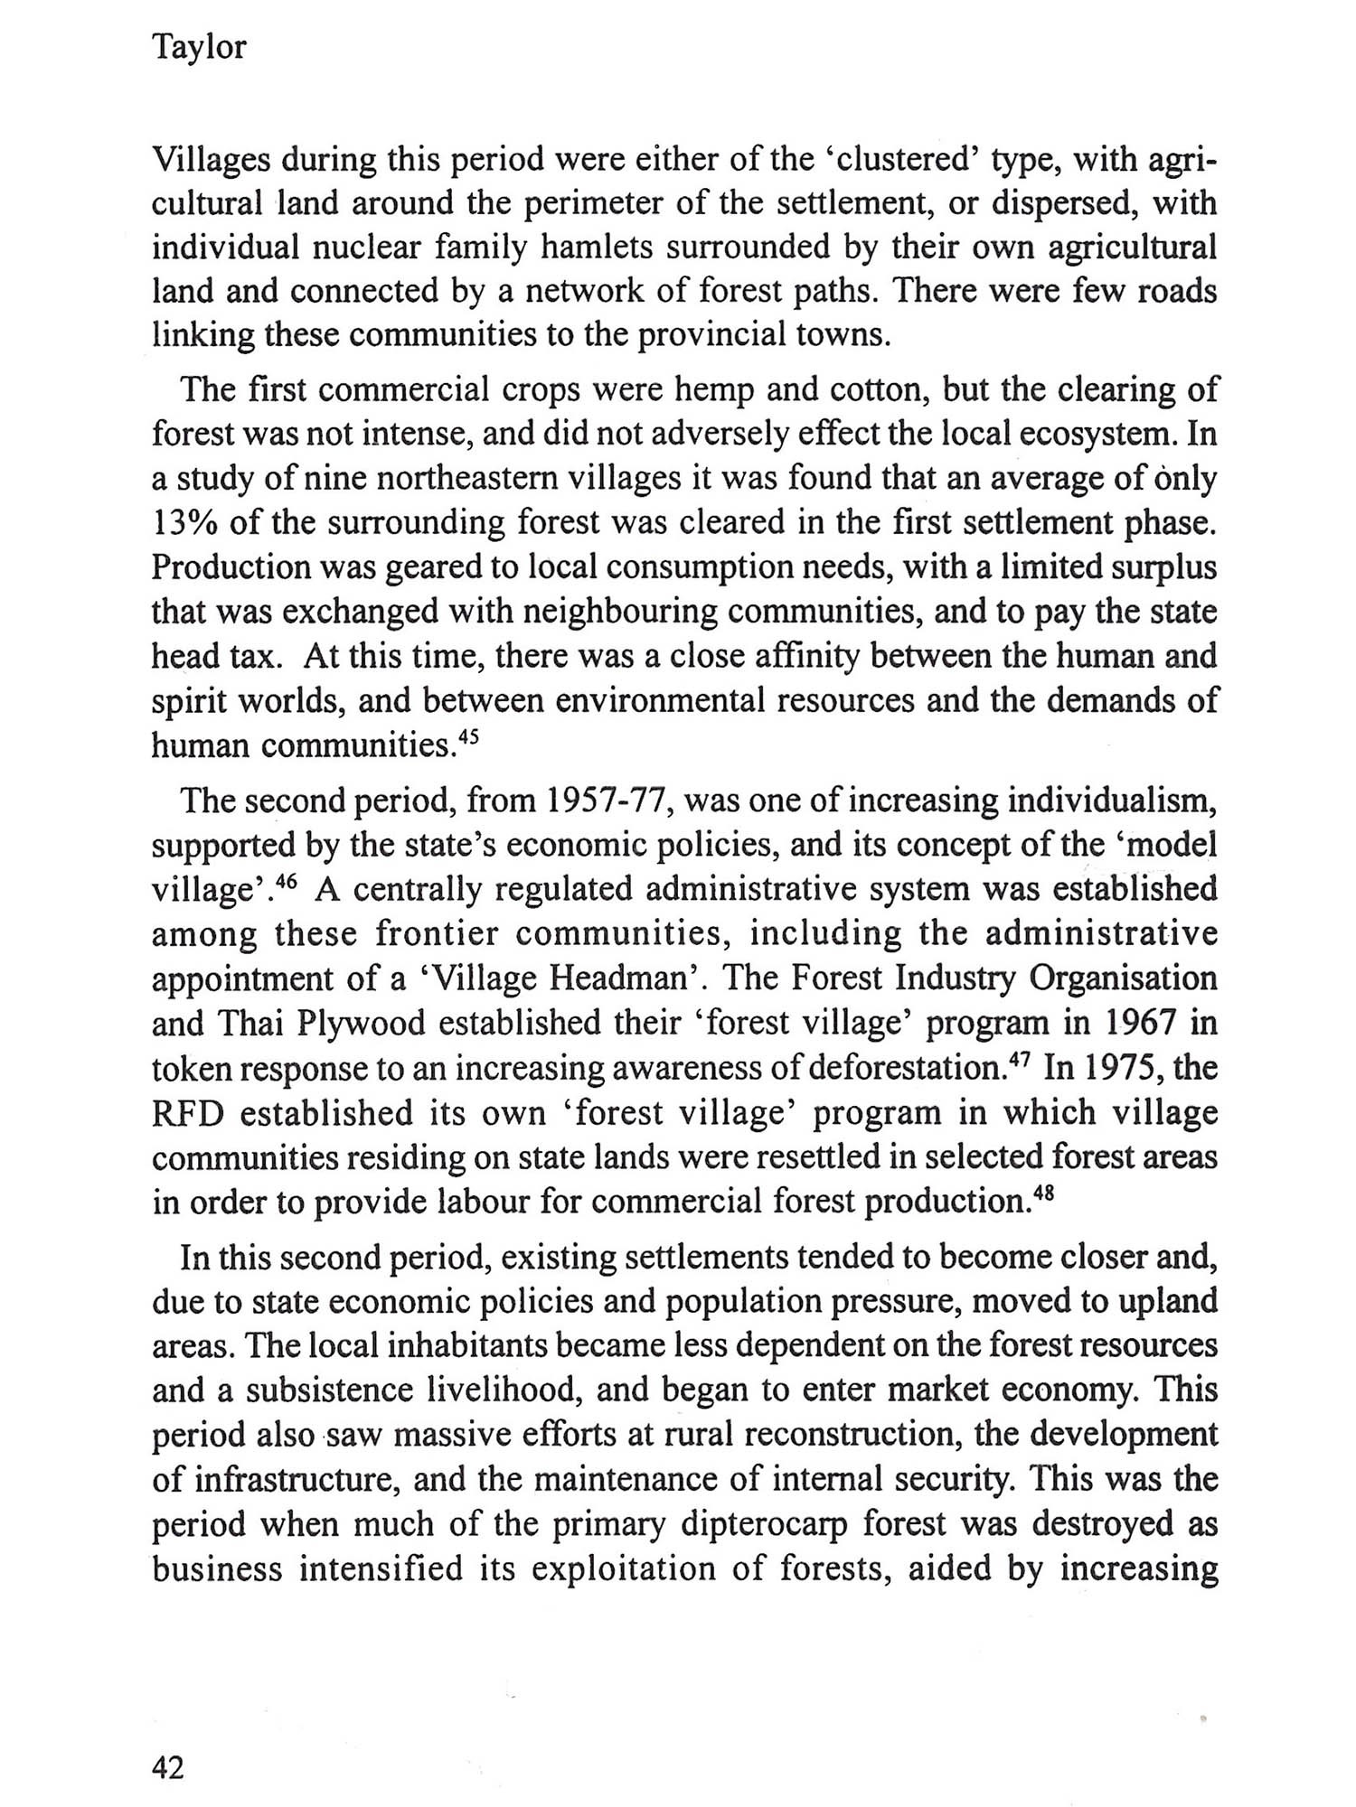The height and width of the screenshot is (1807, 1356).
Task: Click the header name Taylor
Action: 199,47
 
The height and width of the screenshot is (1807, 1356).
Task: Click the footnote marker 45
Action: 468,736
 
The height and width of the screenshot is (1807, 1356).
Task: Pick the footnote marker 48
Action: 1044,1193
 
